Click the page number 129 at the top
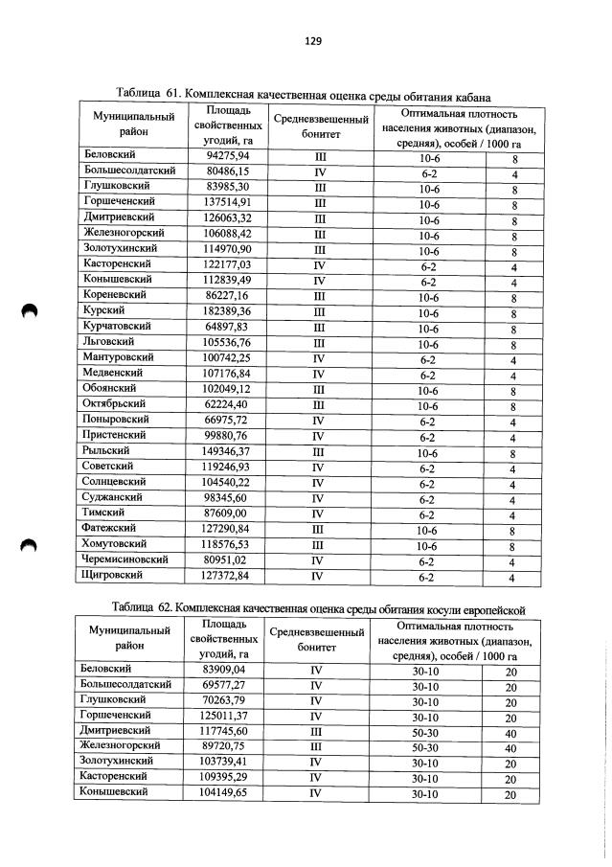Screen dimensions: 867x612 pyautogui.click(x=312, y=41)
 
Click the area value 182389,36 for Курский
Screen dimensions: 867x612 pyautogui.click(x=228, y=311)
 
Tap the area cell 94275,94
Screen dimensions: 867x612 pyautogui.click(x=228, y=155)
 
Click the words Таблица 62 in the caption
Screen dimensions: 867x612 pyautogui.click(x=143, y=607)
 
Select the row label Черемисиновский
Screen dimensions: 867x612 pyautogui.click(x=127, y=559)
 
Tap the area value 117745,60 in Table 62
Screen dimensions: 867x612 pyautogui.click(x=225, y=729)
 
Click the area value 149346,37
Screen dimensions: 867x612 pyautogui.click(x=228, y=450)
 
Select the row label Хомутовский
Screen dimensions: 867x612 pyautogui.click(x=115, y=544)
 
